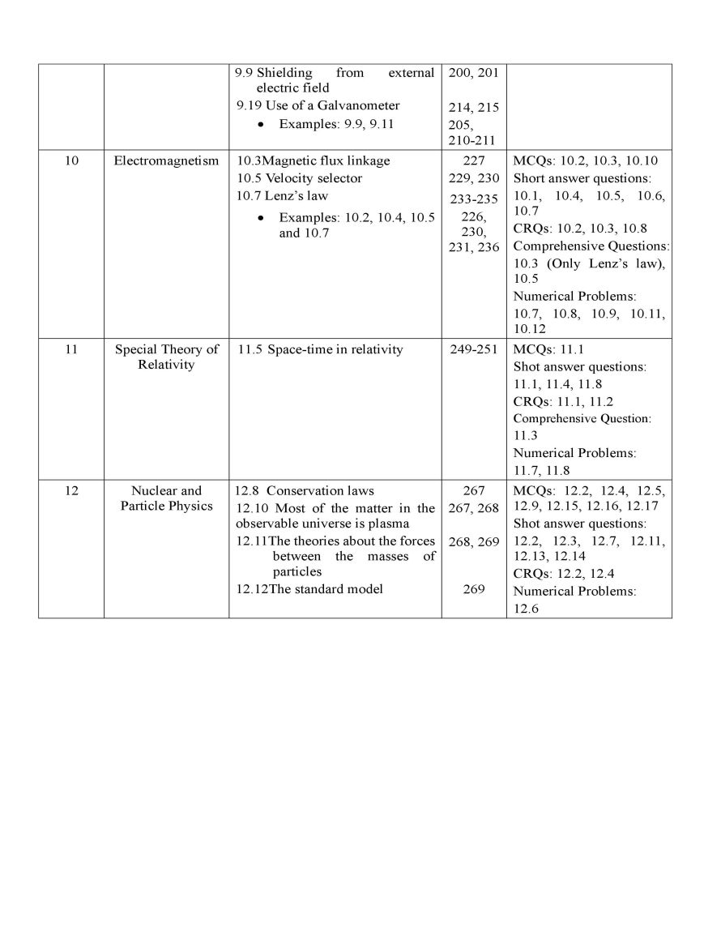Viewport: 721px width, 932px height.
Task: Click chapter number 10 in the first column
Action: coord(71,160)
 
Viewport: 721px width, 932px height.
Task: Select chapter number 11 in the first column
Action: coord(71,349)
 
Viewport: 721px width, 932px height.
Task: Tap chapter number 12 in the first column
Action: coord(71,490)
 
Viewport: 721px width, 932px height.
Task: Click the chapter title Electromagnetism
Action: coord(166,160)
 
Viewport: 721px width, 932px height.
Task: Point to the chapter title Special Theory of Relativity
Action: coord(166,357)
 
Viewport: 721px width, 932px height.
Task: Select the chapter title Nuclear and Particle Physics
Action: coord(166,498)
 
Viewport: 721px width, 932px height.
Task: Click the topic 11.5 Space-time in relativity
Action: coord(321,349)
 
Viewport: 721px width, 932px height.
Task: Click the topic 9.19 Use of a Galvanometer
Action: coord(318,105)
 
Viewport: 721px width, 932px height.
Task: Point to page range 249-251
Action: coord(474,349)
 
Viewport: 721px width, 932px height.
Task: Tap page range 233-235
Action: coord(474,199)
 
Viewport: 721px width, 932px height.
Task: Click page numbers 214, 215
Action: coord(474,108)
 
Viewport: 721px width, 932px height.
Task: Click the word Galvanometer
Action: coord(359,105)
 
